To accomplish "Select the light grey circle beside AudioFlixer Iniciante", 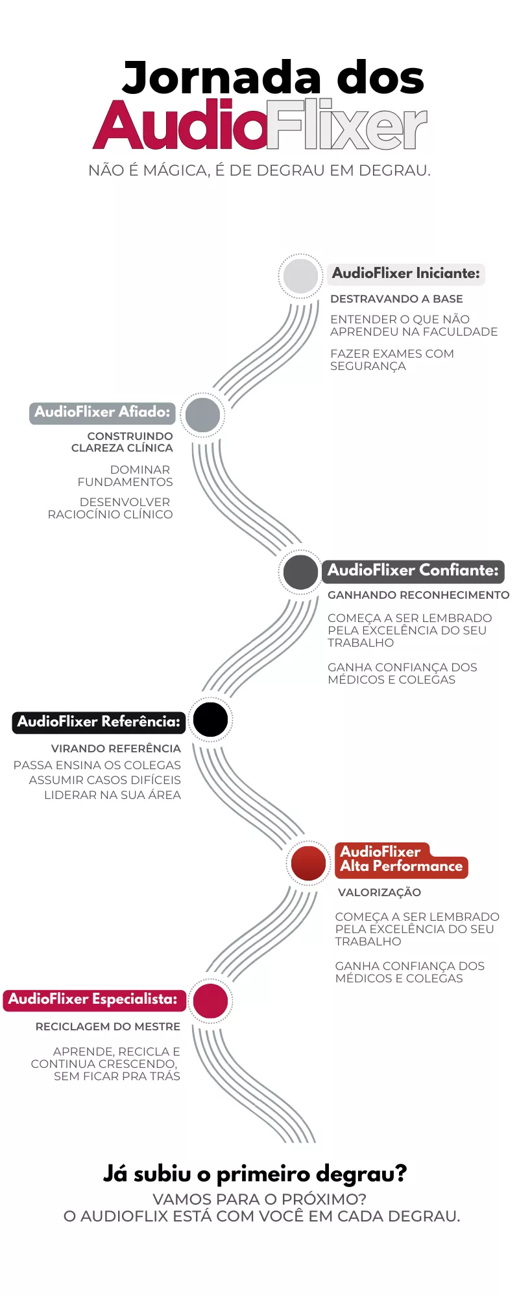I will [x=300, y=275].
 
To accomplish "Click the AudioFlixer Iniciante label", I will [x=406, y=273].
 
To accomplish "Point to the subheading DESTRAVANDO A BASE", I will [x=396, y=299].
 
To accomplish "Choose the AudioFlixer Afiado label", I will [x=103, y=412].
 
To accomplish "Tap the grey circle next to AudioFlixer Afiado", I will [x=202, y=414].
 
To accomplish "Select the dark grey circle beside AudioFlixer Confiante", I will [x=300, y=572].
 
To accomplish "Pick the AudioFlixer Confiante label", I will [x=413, y=571].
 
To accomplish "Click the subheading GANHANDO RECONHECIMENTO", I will [x=418, y=595].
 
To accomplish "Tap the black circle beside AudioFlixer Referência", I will [x=210, y=719].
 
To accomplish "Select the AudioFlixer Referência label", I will [x=99, y=722].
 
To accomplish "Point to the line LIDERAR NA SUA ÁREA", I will [x=112, y=795].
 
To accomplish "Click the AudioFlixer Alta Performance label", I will [x=401, y=860].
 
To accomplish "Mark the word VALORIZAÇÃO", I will [x=380, y=892].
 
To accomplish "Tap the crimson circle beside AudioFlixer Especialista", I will [x=210, y=1001].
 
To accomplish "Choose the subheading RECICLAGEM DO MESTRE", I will [x=108, y=1026].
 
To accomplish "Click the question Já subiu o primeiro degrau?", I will [x=255, y=1174].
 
